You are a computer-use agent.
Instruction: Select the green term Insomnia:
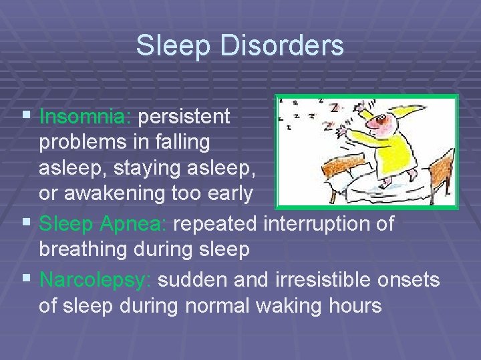click(87, 117)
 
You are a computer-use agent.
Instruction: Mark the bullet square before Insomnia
click(26, 117)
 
